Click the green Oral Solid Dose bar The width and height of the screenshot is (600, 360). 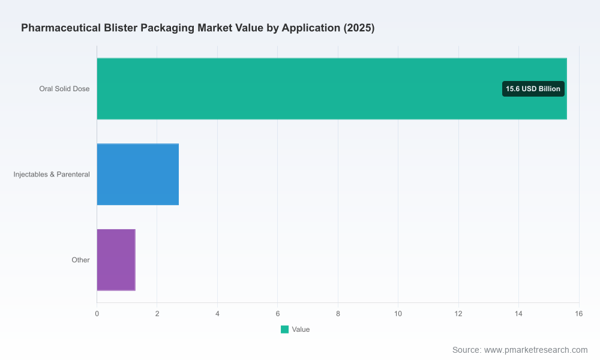tap(332, 89)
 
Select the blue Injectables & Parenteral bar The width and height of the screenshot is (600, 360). tap(138, 175)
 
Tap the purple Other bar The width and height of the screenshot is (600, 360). tap(116, 260)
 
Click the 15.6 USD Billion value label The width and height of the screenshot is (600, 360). tap(533, 89)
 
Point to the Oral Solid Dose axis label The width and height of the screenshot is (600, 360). tap(64, 89)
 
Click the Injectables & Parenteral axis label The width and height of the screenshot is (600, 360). tap(52, 175)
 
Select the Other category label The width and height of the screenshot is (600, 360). tap(80, 260)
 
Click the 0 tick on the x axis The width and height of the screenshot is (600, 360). tap(97, 314)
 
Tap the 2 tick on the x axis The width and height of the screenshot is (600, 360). tap(157, 314)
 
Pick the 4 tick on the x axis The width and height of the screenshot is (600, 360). tap(217, 314)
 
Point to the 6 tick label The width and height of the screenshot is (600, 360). tap(278, 314)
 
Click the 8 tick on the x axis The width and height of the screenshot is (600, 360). tap(338, 314)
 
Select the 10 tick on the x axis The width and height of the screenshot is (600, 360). tap(398, 314)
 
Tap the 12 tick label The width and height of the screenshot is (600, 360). tap(458, 314)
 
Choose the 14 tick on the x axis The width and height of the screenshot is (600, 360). tap(518, 314)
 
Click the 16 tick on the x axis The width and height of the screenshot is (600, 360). tap(578, 314)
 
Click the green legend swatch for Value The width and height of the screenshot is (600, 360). tap(284, 329)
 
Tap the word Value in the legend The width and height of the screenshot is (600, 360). tap(301, 329)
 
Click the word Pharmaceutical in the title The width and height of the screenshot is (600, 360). tap(61, 28)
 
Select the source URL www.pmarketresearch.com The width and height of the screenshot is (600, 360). tap(536, 350)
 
